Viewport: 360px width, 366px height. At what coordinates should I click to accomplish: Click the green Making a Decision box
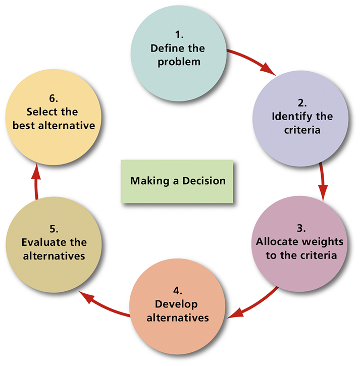[x=177, y=181]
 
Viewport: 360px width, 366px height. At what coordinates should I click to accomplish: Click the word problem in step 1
[x=178, y=62]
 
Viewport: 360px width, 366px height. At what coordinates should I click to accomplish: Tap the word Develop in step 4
[x=176, y=305]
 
